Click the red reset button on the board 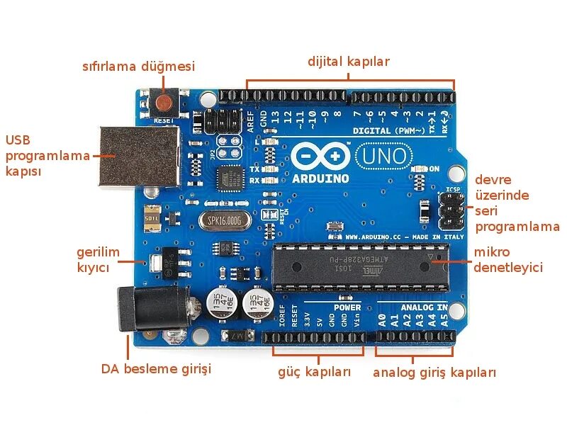pyautogui.click(x=164, y=103)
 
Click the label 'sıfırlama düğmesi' pyautogui.click(x=138, y=67)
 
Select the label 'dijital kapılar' pyautogui.click(x=348, y=61)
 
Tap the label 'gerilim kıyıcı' pyautogui.click(x=98, y=260)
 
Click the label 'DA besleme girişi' pyautogui.click(x=156, y=369)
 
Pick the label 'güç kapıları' pyautogui.click(x=314, y=373)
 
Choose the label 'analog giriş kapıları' pyautogui.click(x=434, y=373)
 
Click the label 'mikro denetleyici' pyautogui.click(x=507, y=260)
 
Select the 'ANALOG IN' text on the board pyautogui.click(x=424, y=307)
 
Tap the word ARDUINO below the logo pyautogui.click(x=320, y=178)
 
